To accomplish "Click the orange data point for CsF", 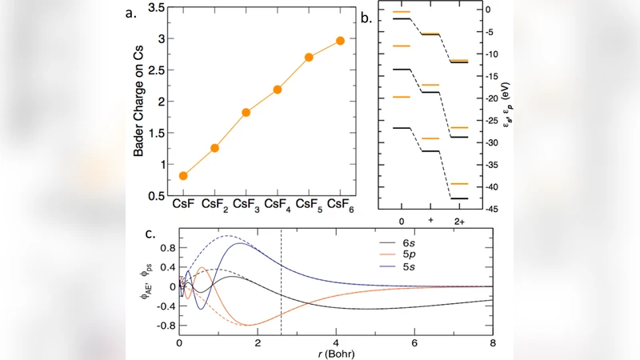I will click(x=184, y=176).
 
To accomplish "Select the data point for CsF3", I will click(x=246, y=112).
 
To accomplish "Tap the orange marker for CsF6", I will click(x=341, y=41).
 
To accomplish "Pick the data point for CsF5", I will click(x=309, y=58).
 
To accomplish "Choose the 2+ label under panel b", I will click(x=459, y=219).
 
